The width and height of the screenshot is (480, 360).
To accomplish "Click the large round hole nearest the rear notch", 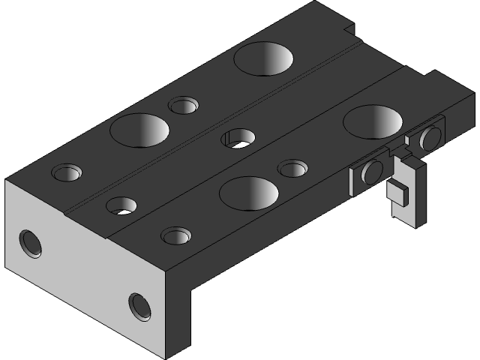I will click(x=262, y=58).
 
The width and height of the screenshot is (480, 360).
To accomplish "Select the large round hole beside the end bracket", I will click(x=373, y=121).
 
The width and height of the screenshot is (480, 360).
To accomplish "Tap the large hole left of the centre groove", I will click(x=139, y=129).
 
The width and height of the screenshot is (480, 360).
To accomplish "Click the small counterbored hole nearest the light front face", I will click(x=175, y=236).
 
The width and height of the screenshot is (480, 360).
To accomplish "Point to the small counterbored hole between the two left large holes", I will click(x=183, y=104).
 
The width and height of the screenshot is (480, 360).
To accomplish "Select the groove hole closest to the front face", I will click(x=119, y=205).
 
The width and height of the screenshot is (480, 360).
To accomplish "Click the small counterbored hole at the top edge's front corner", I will click(x=66, y=172).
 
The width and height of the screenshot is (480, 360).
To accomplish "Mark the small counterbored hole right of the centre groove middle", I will click(x=292, y=167).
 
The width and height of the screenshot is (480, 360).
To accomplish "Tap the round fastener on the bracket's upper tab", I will click(x=430, y=138).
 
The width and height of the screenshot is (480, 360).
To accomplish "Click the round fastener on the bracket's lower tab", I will click(x=370, y=173).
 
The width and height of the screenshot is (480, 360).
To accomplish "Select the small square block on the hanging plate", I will click(x=397, y=191).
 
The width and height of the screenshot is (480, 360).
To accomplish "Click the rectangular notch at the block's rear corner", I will click(x=347, y=30).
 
